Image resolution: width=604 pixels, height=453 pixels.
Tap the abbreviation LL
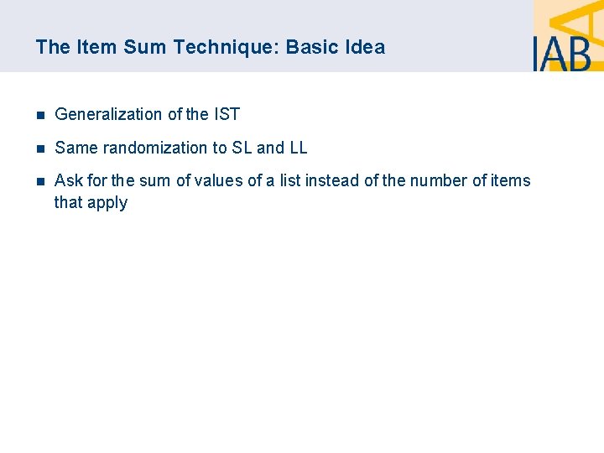(298, 148)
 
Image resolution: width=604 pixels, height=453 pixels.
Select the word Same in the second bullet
(74, 148)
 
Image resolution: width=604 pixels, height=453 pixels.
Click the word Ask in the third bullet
(68, 180)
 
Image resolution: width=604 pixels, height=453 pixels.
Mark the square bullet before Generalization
(39, 115)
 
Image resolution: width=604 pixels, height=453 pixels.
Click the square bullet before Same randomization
(39, 148)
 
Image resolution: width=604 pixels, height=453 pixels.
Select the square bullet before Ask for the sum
(39, 181)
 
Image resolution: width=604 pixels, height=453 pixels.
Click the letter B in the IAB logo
(579, 53)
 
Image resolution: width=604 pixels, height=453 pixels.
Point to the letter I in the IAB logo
(537, 53)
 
